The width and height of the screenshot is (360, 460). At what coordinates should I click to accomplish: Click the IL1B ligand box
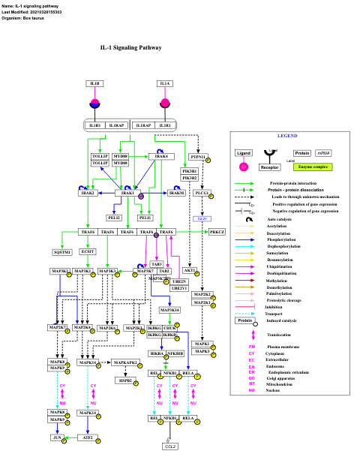[x=95, y=83]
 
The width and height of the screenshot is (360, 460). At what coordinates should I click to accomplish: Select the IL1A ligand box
[x=165, y=83]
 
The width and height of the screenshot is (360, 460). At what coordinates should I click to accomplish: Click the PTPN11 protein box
[x=198, y=158]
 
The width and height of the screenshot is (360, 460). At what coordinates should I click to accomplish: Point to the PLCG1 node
[x=201, y=193]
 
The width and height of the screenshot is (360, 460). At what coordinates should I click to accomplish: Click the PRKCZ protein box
[x=217, y=233]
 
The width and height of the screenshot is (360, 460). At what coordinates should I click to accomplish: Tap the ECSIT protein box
[x=88, y=252]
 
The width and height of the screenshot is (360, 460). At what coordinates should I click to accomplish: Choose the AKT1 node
[x=190, y=270]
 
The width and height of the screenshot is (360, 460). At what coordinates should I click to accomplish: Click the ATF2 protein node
[x=88, y=437]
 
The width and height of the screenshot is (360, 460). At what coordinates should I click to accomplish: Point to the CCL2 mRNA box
[x=170, y=446]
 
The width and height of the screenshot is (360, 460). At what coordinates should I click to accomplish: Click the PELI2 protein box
[x=114, y=218]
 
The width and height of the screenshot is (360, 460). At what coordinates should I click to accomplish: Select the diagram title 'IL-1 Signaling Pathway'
[x=130, y=47]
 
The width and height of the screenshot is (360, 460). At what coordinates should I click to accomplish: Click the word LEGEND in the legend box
[x=288, y=136]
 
